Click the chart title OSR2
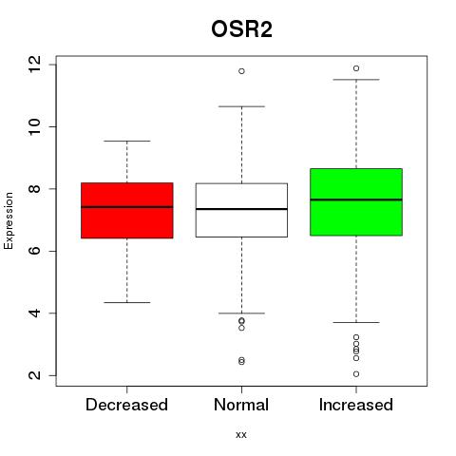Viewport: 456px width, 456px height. click(241, 29)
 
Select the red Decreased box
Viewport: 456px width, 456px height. click(127, 210)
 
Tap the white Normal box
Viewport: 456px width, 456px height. click(241, 210)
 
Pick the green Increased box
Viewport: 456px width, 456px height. click(356, 202)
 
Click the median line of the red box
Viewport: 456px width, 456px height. click(127, 207)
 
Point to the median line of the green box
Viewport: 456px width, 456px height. click(356, 199)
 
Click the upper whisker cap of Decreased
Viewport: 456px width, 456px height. click(127, 141)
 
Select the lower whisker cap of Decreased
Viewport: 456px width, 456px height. click(127, 302)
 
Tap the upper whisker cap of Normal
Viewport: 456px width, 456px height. click(241, 106)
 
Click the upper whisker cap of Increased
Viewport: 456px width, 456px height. click(356, 80)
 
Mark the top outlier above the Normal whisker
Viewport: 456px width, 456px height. click(241, 71)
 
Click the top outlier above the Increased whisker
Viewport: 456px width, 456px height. click(356, 68)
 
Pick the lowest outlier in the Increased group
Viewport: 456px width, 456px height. click(356, 374)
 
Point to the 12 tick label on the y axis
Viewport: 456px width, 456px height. click(34, 65)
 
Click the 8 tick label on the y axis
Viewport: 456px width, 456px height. click(34, 189)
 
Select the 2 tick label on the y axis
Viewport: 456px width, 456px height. click(34, 375)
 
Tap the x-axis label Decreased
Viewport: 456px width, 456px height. click(126, 405)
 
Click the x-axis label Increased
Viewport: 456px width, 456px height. click(356, 405)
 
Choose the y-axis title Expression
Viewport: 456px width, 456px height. click(9, 220)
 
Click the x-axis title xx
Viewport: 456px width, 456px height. click(241, 435)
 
